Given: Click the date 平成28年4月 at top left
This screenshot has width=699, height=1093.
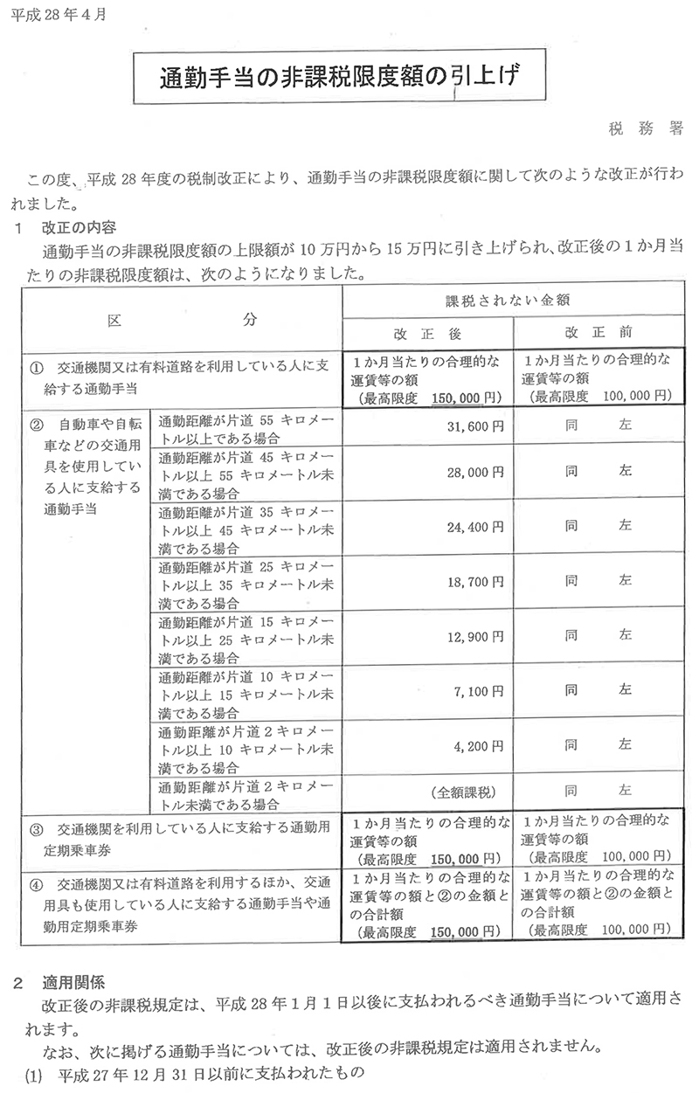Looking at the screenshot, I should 54,16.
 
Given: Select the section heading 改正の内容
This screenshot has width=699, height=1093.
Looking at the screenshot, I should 79,230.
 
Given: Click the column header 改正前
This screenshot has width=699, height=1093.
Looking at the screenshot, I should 598,333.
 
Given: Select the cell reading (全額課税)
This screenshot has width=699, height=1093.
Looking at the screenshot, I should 464,792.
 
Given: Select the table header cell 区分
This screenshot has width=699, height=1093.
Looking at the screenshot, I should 181,319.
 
